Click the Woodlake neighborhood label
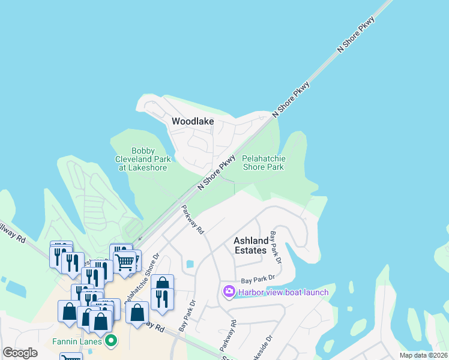pos(193,121)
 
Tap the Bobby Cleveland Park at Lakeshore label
pos(143,159)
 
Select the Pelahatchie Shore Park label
pos(264,163)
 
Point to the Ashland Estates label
pos(250,245)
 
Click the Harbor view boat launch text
pos(283,292)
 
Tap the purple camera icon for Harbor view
pos(229,292)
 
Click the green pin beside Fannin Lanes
pos(110,341)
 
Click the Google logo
pos(20,353)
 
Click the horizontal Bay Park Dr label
pos(258,279)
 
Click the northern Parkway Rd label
pos(193,220)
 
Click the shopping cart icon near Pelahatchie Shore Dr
pos(125,262)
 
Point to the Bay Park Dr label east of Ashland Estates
pos(276,247)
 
